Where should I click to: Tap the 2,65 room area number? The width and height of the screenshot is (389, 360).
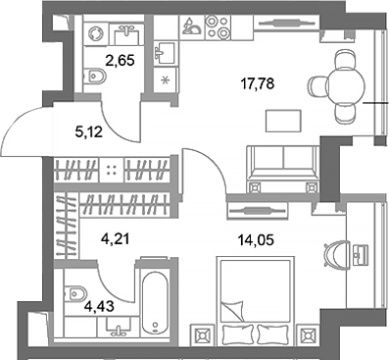coord(120,70)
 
